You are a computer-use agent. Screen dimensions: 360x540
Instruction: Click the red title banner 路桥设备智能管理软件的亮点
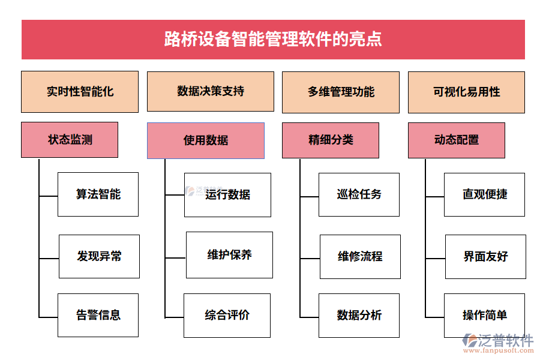coord(273,40)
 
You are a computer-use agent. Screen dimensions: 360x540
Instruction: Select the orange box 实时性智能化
coord(80,92)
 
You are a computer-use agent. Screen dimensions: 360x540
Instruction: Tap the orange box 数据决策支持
coord(210,91)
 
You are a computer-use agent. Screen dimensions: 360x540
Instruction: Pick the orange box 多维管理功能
coord(340,92)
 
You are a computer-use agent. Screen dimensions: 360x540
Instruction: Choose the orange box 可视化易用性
coord(466,92)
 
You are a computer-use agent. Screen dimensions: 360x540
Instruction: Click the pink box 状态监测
coord(70,140)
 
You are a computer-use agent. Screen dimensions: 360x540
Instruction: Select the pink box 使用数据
coord(205,140)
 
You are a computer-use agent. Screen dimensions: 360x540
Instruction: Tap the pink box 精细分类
coord(330,140)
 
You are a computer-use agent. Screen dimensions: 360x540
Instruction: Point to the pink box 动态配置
coord(456,140)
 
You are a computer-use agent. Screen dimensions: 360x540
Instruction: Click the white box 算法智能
coord(98,194)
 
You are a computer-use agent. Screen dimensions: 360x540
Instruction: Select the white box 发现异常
coord(99,256)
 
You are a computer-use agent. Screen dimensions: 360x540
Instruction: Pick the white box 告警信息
coord(98,315)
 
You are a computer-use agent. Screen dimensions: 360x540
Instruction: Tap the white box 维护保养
coord(229,254)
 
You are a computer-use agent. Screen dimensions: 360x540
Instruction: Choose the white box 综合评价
coord(227,315)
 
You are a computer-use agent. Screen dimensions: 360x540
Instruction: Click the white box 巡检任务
coord(359,194)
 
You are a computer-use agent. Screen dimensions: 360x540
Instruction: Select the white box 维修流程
coord(360,256)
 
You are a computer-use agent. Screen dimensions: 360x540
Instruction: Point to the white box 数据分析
coord(359,315)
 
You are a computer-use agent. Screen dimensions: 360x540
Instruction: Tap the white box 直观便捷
coord(484,194)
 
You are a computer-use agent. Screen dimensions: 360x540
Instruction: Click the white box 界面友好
coord(485,256)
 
